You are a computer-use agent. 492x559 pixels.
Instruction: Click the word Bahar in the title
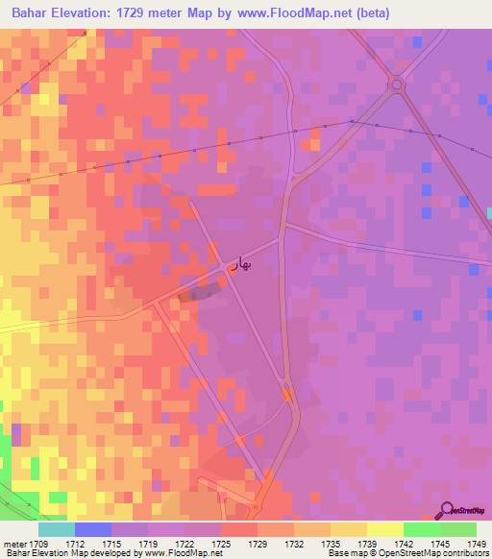coord(28,13)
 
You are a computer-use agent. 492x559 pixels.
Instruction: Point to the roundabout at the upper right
coord(395,85)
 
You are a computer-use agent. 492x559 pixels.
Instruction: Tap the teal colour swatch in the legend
coord(56,529)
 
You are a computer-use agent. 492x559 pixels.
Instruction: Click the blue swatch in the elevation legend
coord(93,529)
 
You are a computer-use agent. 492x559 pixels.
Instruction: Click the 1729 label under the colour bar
coord(258,543)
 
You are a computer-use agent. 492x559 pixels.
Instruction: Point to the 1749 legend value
coord(478,543)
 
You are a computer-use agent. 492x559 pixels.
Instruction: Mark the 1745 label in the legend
coord(441,543)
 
